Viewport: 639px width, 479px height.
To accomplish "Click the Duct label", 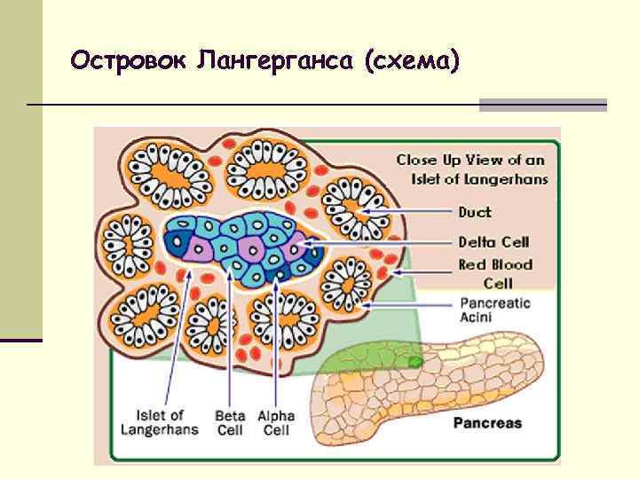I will (474, 213).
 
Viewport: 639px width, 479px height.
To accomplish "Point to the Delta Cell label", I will (493, 242).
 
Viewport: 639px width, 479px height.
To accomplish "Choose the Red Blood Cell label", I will (495, 273).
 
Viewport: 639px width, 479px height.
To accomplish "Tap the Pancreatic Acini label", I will (494, 310).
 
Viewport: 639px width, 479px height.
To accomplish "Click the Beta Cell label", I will (230, 423).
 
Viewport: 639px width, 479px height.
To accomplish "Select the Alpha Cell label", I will (276, 423).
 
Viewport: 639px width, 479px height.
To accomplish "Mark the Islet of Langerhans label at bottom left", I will (160, 423).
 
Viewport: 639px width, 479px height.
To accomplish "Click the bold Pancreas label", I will (488, 423).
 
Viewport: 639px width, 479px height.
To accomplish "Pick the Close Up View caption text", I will (471, 169).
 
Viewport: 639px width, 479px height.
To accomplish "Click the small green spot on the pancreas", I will (414, 361).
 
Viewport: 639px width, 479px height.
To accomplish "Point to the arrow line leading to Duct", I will (399, 213).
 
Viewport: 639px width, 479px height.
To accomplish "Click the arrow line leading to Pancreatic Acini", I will (408, 304).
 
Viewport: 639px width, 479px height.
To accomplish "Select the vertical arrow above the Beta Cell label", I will (230, 346).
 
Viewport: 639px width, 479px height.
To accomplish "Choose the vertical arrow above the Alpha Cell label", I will (276, 346).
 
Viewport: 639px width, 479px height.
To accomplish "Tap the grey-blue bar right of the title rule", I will (542, 105).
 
